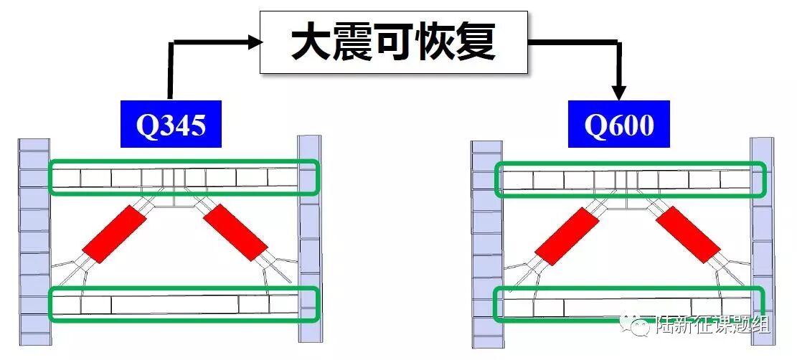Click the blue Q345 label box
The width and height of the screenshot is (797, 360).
click(x=170, y=125)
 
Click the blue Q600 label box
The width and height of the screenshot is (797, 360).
click(x=618, y=125)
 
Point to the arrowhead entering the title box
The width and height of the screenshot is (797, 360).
click(x=253, y=42)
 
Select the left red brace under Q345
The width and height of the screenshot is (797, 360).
click(x=115, y=233)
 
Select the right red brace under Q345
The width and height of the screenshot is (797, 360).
click(x=235, y=233)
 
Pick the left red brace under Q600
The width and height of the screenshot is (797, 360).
click(x=567, y=237)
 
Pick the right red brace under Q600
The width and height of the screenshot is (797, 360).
click(x=687, y=237)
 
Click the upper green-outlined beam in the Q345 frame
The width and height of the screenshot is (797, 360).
click(x=184, y=177)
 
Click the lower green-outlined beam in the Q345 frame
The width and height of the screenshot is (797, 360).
click(x=184, y=304)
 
